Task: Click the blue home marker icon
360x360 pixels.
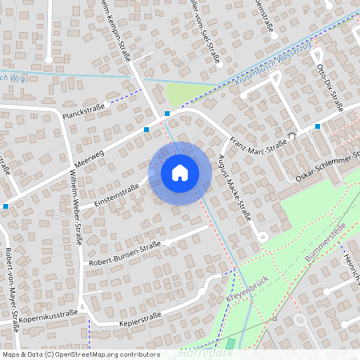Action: [180, 173]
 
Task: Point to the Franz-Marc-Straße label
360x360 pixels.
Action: [258, 141]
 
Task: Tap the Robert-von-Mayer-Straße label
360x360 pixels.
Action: [12, 284]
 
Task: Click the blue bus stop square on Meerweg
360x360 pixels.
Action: [146, 129]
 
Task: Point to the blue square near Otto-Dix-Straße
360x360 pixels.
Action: [318, 126]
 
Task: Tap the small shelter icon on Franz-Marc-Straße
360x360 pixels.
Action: [292, 135]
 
